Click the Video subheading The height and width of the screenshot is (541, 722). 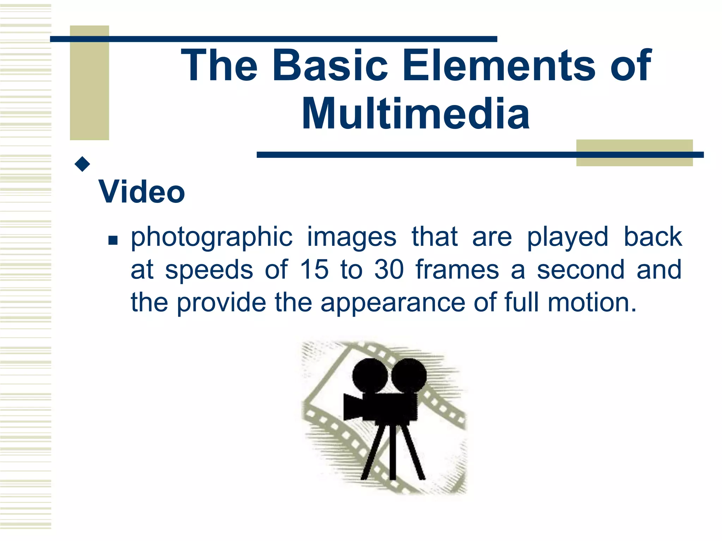coord(142,192)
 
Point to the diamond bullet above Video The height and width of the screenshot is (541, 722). coord(82,164)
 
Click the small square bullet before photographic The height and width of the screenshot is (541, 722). coord(113,241)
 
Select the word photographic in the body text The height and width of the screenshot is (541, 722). coord(212,237)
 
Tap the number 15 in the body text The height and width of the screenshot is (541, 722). coord(314,270)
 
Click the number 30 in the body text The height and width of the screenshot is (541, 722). coord(389,270)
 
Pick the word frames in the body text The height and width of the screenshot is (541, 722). coord(457,270)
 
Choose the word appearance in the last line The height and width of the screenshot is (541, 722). coord(393,303)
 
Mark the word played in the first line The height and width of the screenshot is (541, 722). coord(568,237)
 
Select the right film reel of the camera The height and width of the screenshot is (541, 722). coord(409,376)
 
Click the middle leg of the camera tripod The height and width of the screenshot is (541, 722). coord(393,453)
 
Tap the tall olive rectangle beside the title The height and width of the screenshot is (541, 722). coord(89,83)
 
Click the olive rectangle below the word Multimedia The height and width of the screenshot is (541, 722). coord(634,153)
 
